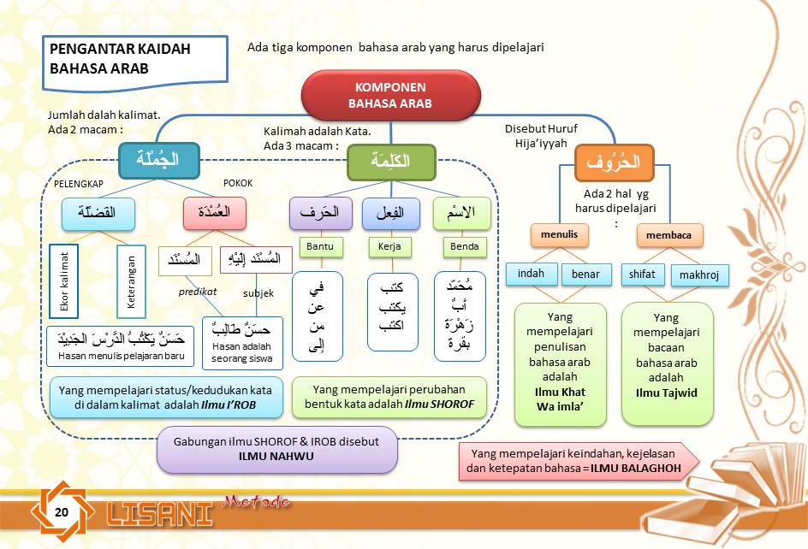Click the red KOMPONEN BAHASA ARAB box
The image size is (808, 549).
coord(389,96)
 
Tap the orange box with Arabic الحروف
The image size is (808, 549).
coord(614,162)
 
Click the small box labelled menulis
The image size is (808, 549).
coord(559,234)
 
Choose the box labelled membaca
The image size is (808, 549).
coord(669,234)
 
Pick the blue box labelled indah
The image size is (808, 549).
coord(531,274)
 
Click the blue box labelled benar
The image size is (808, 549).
coord(586,274)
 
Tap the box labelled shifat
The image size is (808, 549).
coord(642,274)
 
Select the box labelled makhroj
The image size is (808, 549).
coord(699,275)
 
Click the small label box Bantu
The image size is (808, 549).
coord(319,247)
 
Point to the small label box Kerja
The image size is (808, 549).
coord(389,247)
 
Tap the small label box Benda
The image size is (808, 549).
coord(467,247)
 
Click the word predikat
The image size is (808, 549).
coord(198,292)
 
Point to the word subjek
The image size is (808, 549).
coord(258,292)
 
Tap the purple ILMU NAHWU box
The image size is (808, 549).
coord(276,449)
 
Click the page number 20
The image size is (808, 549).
coord(62,511)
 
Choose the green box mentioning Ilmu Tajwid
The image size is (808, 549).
coord(667,363)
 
